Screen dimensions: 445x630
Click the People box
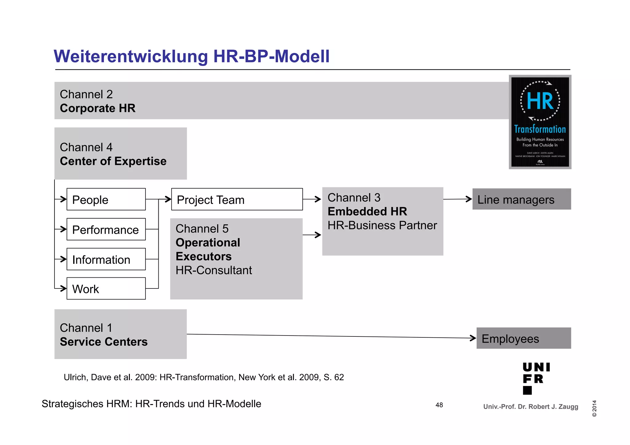click(106, 199)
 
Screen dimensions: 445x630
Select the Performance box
click(106, 229)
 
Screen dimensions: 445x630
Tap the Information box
click(106, 259)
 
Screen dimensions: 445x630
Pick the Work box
click(106, 288)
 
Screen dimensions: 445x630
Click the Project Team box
click(237, 199)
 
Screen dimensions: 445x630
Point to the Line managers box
click(521, 199)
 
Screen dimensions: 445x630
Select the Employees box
click(524, 338)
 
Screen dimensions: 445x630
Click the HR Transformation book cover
click(540, 122)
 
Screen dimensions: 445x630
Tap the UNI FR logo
click(536, 378)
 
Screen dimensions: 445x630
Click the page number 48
click(439, 405)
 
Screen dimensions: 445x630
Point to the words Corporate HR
click(98, 108)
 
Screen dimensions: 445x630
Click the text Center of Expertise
click(113, 161)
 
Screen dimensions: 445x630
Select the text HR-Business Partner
click(382, 225)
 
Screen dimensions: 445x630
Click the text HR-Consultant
click(213, 270)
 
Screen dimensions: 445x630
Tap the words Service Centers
click(104, 342)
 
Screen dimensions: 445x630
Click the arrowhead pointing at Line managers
click(469, 199)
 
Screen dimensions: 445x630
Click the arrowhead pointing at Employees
click(473, 338)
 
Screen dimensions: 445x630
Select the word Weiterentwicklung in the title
click(131, 56)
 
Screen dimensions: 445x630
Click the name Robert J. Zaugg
click(553, 407)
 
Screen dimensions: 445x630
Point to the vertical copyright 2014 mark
click(594, 408)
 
